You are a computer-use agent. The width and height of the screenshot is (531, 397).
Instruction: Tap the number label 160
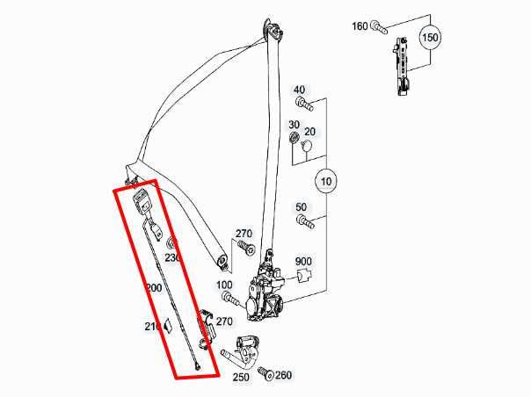(360, 26)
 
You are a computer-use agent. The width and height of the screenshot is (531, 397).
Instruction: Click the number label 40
(299, 90)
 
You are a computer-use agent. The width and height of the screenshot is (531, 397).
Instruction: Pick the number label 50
(302, 207)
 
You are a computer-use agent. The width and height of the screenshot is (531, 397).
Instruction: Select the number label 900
(303, 262)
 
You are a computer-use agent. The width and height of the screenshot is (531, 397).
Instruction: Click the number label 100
(224, 285)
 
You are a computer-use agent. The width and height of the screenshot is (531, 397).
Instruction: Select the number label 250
(240, 378)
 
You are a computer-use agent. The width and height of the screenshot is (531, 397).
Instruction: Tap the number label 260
(283, 375)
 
